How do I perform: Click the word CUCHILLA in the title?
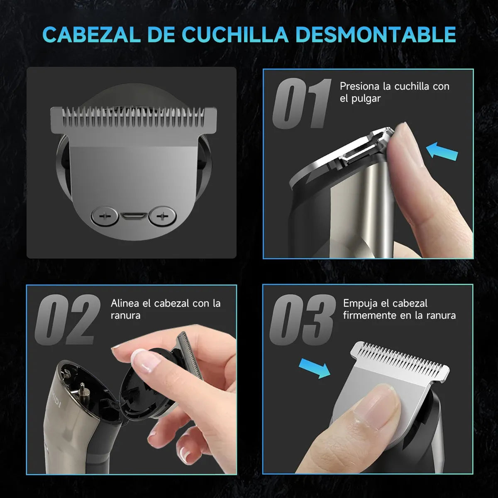coord(235,34)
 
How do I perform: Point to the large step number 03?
coord(302,320)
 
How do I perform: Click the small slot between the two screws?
coord(132,217)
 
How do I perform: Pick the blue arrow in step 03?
coord(314,368)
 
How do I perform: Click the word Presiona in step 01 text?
coord(359,86)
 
